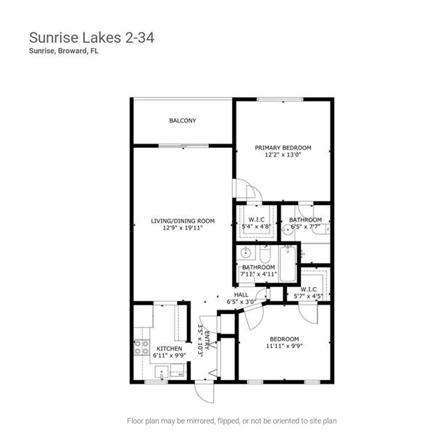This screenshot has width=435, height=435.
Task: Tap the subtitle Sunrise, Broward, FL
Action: tap(63, 51)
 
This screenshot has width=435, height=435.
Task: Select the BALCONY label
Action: tap(182, 121)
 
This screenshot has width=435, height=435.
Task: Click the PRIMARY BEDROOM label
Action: tap(282, 147)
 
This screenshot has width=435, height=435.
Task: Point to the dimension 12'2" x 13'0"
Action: tap(282, 154)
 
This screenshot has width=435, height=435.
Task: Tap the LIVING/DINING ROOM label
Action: tap(182, 220)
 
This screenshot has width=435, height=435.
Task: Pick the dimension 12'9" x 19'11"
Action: tap(182, 228)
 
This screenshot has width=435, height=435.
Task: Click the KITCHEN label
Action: tap(169, 349)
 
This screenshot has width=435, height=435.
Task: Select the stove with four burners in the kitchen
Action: tap(141, 347)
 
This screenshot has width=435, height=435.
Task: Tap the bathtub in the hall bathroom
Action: tap(289, 264)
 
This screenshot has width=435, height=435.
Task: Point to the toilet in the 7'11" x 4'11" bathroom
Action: tap(265, 256)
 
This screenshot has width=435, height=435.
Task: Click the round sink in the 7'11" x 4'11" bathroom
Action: tap(246, 254)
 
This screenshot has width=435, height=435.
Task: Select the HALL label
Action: tap(241, 294)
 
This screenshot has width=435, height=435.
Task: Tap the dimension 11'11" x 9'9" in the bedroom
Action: tap(284, 347)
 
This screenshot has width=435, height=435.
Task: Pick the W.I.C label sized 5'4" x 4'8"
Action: tap(255, 219)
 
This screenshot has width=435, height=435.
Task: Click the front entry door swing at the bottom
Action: tap(204, 391)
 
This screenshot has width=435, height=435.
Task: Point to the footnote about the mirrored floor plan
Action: tap(231, 420)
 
